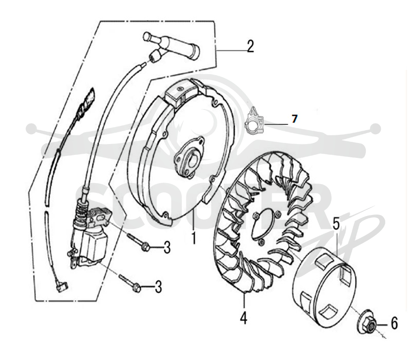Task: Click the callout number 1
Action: [x=194, y=238]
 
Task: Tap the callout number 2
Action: [x=250, y=46]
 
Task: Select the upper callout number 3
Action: [x=167, y=247]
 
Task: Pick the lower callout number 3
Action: [x=158, y=287]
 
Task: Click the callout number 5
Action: [x=337, y=224]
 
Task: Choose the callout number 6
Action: [x=394, y=323]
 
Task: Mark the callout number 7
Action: [x=294, y=119]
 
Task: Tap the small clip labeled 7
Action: [x=254, y=120]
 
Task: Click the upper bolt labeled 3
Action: [x=139, y=242]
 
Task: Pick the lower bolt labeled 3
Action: [x=130, y=283]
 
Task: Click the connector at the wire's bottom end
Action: [x=63, y=286]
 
